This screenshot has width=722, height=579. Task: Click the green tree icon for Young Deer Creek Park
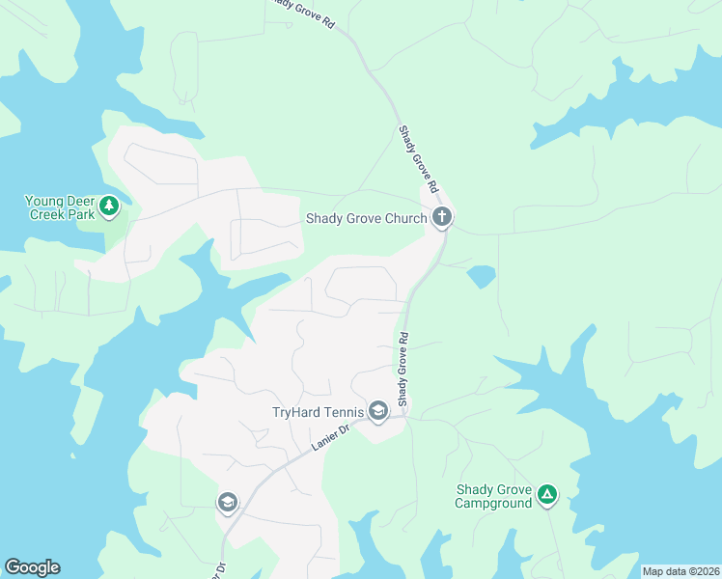(110, 205)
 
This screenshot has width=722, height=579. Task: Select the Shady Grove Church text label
(366, 218)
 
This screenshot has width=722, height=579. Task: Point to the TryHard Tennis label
(315, 412)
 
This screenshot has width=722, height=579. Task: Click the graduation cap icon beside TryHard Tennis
(377, 412)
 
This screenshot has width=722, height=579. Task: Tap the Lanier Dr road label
(329, 440)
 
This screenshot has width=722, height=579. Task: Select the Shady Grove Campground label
(493, 496)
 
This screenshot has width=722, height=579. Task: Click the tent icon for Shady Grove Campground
(547, 496)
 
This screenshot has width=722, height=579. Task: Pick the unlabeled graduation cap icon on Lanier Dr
(227, 502)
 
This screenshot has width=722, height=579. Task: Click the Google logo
(32, 567)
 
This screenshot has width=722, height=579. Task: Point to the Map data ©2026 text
(680, 571)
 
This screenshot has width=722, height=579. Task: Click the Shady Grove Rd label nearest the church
(420, 158)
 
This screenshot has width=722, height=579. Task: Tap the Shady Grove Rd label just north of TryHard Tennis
(404, 370)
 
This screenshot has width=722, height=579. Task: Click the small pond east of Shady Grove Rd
(481, 277)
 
